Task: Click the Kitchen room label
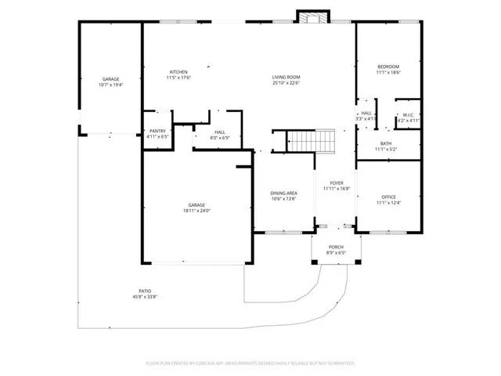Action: tap(178, 72)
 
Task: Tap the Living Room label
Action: tap(286, 77)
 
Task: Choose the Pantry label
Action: tap(157, 132)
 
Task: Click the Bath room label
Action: tap(387, 143)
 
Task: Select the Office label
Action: tap(389, 197)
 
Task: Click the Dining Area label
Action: tap(283, 193)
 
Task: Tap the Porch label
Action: tap(336, 248)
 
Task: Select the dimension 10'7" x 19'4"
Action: tap(110, 85)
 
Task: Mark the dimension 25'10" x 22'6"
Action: tap(286, 82)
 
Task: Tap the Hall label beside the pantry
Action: tap(220, 132)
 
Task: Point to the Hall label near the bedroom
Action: tap(366, 114)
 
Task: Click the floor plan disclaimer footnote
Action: tap(250, 363)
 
